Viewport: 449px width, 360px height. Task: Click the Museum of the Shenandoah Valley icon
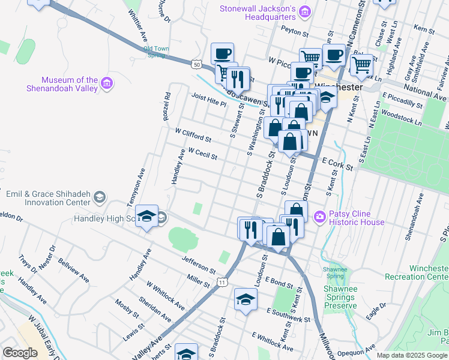pyautogui.click(x=107, y=83)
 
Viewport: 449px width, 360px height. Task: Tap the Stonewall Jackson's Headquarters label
pyautogui.click(x=258, y=13)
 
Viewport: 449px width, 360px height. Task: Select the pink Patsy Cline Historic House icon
pyautogui.click(x=320, y=216)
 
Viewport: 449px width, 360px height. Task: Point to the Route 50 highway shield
pyautogui.click(x=197, y=63)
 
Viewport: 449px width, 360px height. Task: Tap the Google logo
pyautogui.click(x=20, y=353)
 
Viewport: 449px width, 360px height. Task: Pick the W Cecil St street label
pyautogui.click(x=202, y=154)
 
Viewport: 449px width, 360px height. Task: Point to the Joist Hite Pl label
pyautogui.click(x=209, y=100)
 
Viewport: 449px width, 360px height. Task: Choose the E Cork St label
pyautogui.click(x=337, y=164)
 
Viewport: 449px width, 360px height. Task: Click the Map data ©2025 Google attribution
pyautogui.click(x=412, y=355)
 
